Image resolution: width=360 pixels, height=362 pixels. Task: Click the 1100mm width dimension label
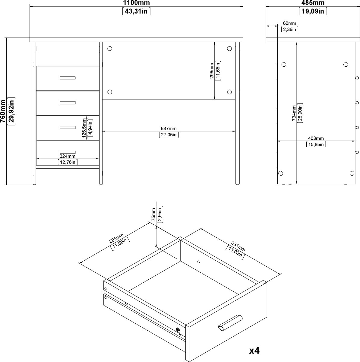click(136, 3)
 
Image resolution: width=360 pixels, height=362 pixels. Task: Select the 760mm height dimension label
click(3, 111)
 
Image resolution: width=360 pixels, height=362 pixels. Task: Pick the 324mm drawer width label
click(68, 156)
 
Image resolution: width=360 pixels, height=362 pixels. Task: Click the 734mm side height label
click(294, 113)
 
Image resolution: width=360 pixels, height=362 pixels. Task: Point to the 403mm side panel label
click(316, 138)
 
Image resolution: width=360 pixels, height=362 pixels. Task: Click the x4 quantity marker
click(254, 351)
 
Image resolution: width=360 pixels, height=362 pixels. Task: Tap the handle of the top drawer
click(67, 78)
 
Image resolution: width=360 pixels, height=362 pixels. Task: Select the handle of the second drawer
click(67, 103)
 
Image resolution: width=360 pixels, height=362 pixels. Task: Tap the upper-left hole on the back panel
click(109, 48)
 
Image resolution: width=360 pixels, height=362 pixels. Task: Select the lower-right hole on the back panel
click(229, 92)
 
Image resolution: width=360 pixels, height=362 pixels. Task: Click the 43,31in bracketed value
click(136, 11)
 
